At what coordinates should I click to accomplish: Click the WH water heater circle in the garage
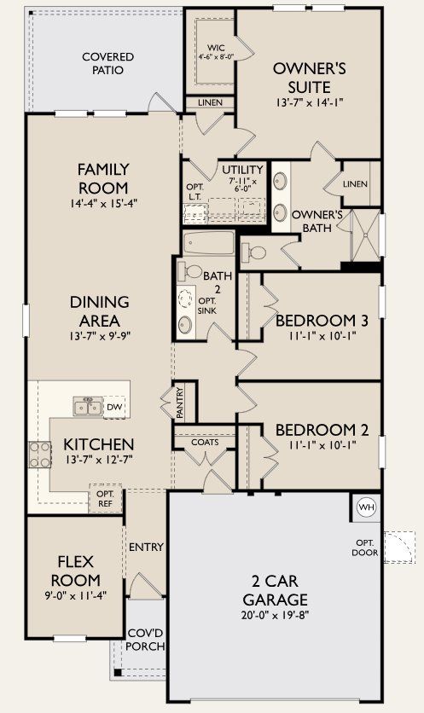(366, 507)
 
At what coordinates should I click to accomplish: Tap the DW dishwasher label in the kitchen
(114, 407)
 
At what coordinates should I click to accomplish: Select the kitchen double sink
(88, 407)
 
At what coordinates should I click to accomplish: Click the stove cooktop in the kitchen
(40, 454)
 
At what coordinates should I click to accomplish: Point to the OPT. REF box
(105, 499)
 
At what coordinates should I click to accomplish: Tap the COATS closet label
(205, 442)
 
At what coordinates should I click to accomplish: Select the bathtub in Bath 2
(209, 243)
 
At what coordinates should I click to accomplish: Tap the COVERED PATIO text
(108, 63)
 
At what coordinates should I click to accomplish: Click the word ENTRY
(146, 546)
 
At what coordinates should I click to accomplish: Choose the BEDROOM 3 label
(322, 321)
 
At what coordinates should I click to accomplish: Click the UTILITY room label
(242, 169)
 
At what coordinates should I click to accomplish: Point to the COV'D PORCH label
(145, 640)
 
